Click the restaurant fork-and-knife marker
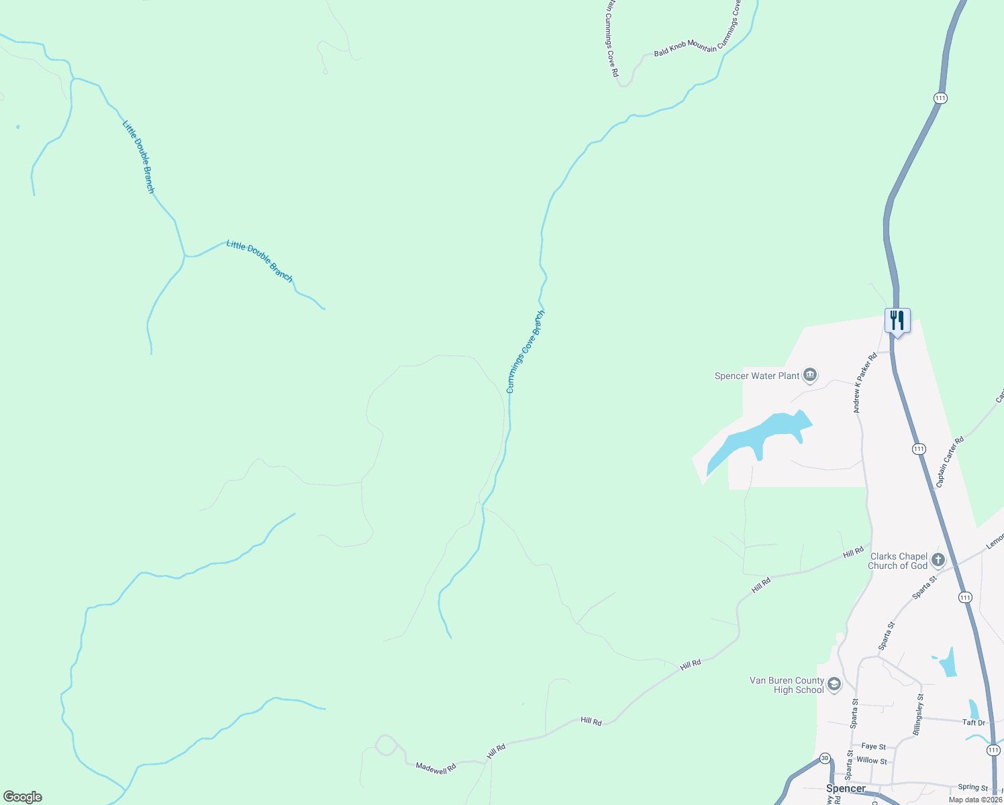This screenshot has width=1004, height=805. [x=897, y=321]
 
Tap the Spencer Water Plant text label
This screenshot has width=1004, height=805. [x=756, y=376]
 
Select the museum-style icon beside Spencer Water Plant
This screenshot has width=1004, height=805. [x=810, y=375]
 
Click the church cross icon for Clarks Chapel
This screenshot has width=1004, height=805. [x=938, y=559]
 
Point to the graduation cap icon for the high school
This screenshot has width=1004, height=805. [x=834, y=684]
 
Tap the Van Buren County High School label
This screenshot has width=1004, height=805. [x=787, y=685]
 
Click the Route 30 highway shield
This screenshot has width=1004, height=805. [x=825, y=758]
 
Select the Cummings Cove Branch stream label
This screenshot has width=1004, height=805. [x=525, y=352]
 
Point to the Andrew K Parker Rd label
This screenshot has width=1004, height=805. [x=865, y=383]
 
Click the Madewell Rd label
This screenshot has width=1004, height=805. [x=436, y=768]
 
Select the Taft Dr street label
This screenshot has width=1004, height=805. [x=974, y=722]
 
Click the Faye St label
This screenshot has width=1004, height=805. [x=873, y=746]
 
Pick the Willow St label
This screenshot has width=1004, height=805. [x=872, y=761]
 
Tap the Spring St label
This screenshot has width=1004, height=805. [x=972, y=787]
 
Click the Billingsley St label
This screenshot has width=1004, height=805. [x=919, y=715]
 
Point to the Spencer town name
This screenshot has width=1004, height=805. [x=846, y=788]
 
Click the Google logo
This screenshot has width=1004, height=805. [x=22, y=797]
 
